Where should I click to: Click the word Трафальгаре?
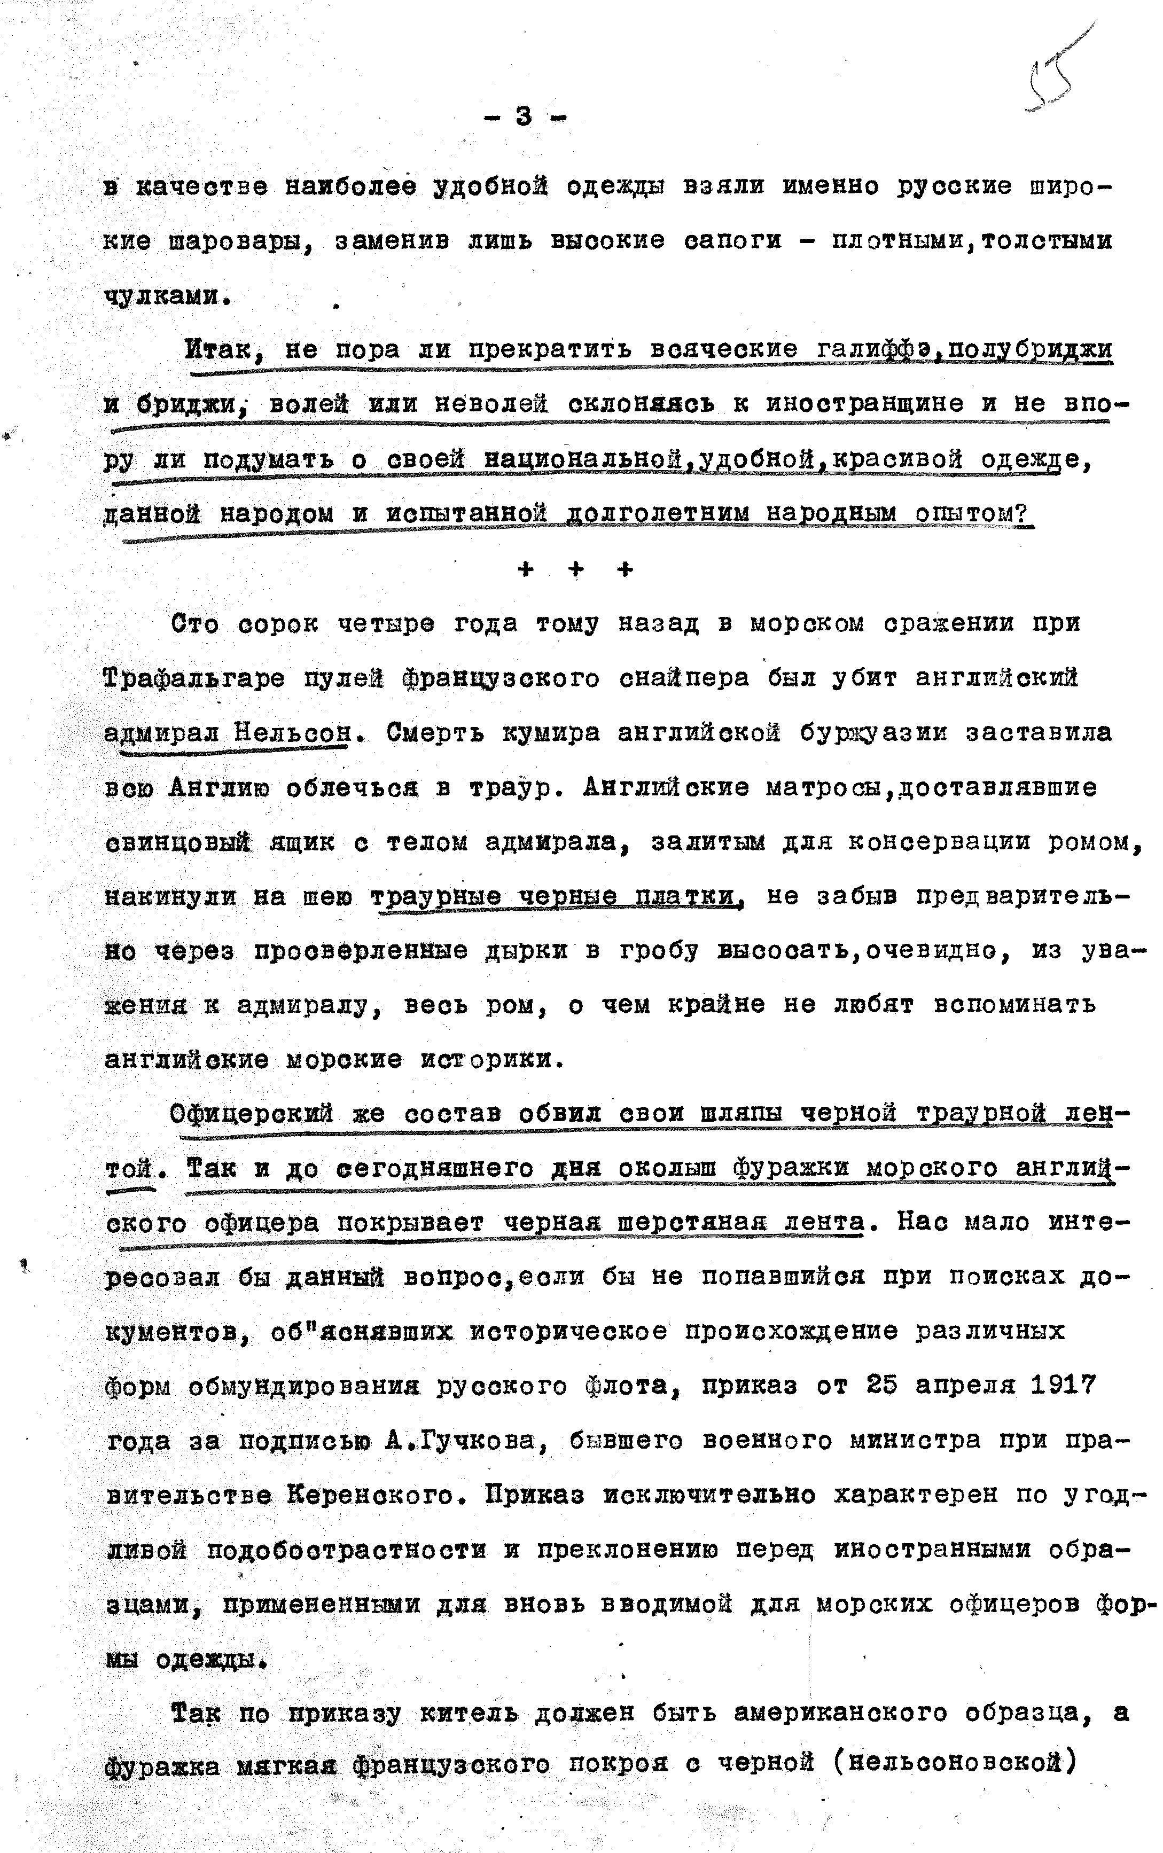point(194,679)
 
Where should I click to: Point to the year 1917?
point(1063,1386)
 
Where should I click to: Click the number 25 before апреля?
point(881,1386)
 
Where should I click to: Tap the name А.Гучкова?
point(464,1440)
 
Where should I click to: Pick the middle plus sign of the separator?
point(575,570)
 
